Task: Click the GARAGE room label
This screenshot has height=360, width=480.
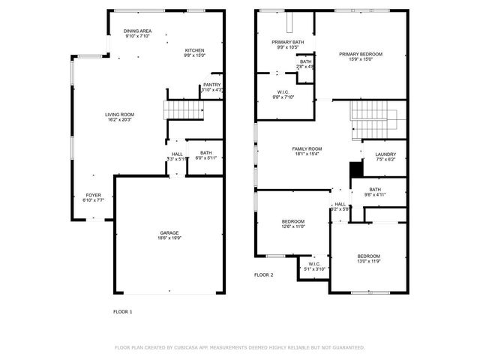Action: click(169, 232)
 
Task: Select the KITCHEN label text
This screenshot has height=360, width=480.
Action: click(194, 50)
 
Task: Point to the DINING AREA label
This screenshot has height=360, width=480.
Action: click(137, 31)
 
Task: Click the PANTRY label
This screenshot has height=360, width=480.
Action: click(211, 85)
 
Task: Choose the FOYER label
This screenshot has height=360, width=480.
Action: click(93, 195)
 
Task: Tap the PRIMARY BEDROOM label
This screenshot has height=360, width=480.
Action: click(361, 54)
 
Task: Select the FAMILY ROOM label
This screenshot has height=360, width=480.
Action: click(307, 148)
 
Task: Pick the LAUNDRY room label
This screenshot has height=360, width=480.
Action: click(385, 154)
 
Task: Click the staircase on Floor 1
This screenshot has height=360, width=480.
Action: click(184, 111)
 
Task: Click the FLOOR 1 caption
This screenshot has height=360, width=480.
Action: click(122, 311)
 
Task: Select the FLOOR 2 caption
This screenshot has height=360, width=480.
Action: click(263, 275)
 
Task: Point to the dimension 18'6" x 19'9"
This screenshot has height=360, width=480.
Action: click(169, 238)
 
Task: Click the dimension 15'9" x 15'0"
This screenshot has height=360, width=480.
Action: click(361, 59)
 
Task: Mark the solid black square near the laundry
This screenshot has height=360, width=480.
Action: click(355, 170)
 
